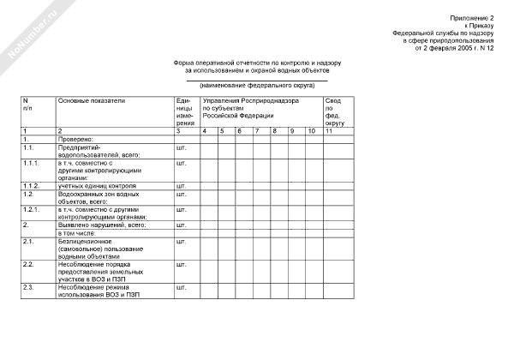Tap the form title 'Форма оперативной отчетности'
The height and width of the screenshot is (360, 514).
[257, 63]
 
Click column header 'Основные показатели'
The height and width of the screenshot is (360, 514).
[91, 101]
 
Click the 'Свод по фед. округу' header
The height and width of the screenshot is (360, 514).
[337, 111]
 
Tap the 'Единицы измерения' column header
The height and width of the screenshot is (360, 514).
[185, 111]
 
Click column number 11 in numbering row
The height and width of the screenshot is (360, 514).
[330, 130]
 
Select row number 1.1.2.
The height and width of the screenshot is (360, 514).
[33, 185]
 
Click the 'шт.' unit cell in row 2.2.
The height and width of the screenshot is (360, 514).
[180, 264]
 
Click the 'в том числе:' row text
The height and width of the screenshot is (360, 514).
[77, 233]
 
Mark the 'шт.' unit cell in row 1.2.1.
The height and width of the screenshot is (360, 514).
[180, 209]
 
